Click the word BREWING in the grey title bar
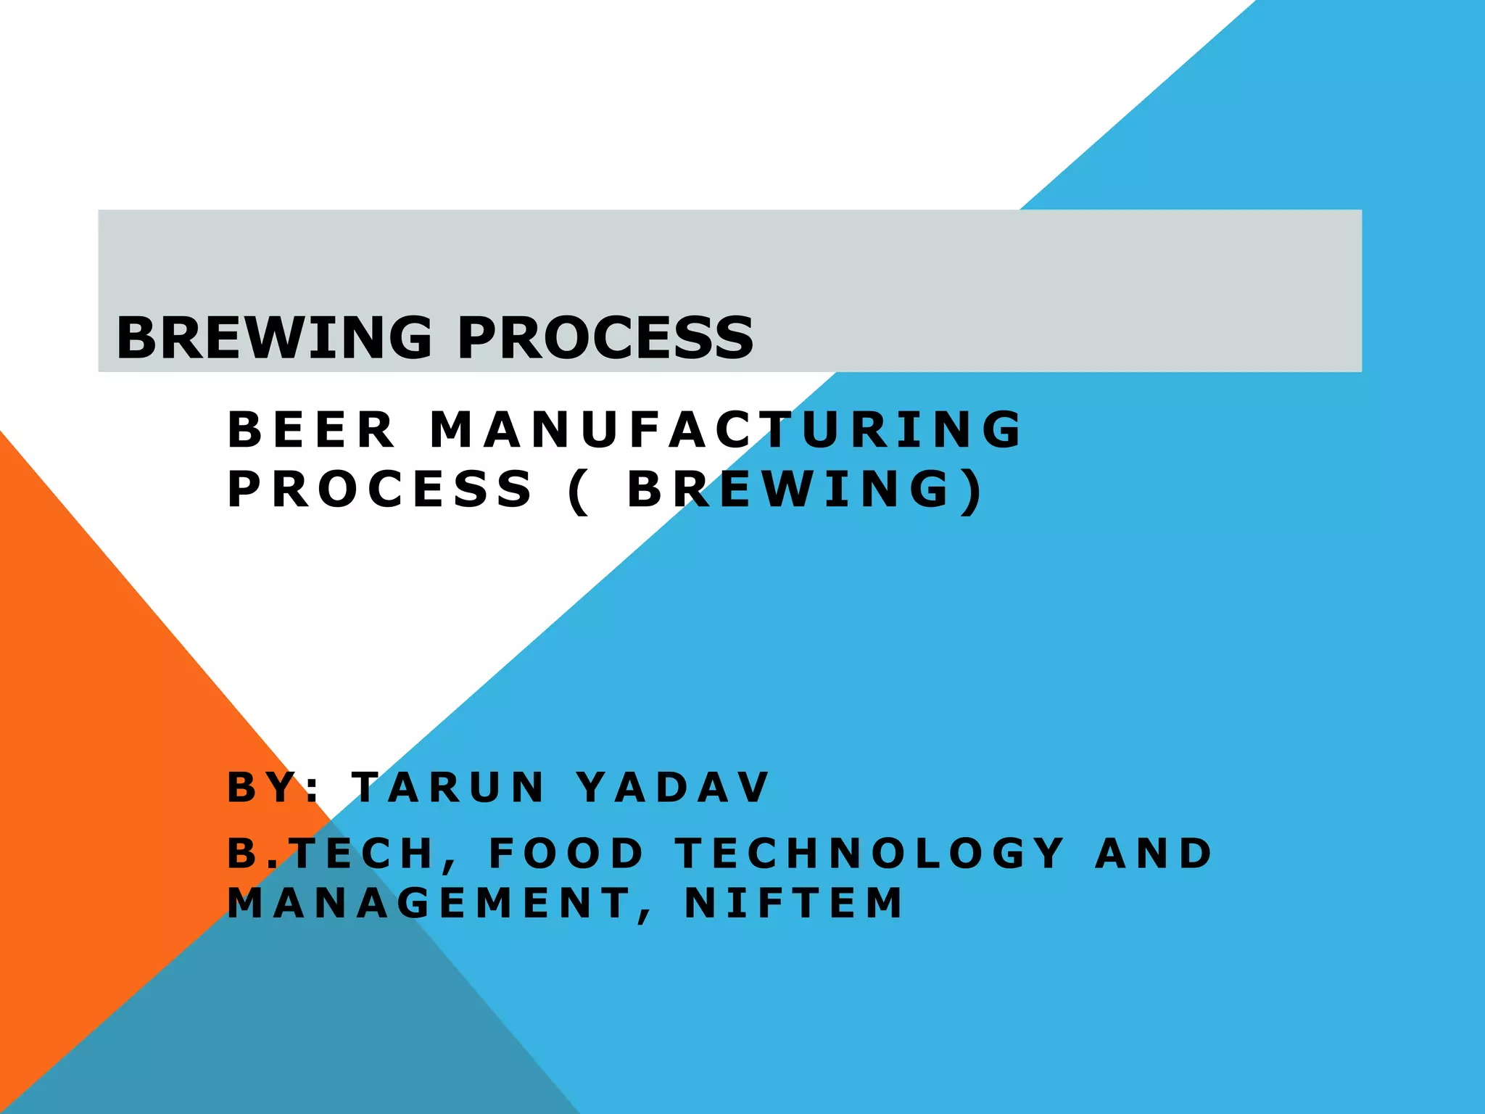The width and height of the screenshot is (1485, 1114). [274, 338]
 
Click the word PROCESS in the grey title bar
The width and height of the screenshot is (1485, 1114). [605, 338]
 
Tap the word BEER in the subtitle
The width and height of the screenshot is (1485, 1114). [311, 429]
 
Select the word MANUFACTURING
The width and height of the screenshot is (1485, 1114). [726, 429]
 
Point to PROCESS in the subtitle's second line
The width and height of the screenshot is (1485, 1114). [380, 489]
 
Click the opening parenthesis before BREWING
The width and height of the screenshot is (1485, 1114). [578, 491]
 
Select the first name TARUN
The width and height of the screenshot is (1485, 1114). [448, 787]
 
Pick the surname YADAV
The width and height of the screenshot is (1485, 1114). [674, 787]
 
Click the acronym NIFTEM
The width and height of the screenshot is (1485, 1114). [794, 903]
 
